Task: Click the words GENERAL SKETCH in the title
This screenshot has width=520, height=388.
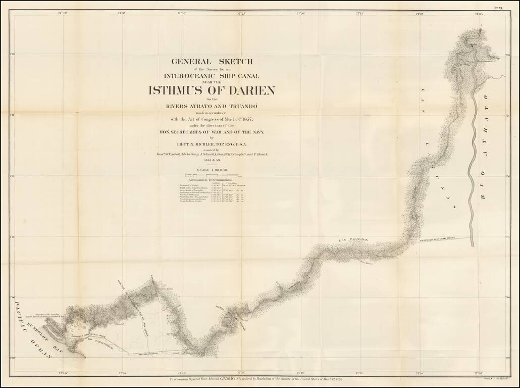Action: [212, 62]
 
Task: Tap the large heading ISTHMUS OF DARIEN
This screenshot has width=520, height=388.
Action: [212, 91]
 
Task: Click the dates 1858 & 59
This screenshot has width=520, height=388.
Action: [212, 160]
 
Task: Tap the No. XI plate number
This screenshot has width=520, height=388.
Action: [498, 8]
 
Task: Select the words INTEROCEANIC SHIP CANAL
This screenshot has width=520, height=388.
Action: [212, 76]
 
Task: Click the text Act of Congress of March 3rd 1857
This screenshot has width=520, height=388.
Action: [212, 119]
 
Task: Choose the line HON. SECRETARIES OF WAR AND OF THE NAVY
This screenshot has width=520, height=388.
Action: [212, 131]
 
